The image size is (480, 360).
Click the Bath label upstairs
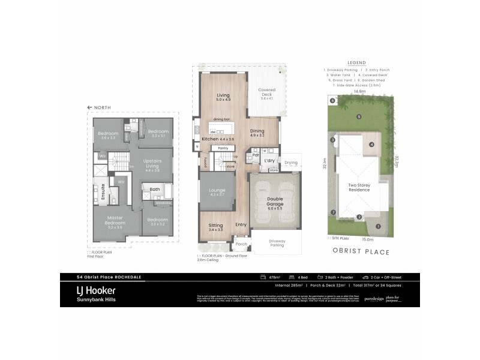(154, 190)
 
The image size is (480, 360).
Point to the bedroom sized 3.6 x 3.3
(108, 135)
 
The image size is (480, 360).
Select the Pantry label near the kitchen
(214, 148)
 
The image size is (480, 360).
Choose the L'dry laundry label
(269, 161)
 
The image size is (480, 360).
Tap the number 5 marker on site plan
(359, 116)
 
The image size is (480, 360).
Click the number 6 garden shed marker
(331, 100)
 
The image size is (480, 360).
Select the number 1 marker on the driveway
(378, 226)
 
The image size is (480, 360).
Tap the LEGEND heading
(356, 62)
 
